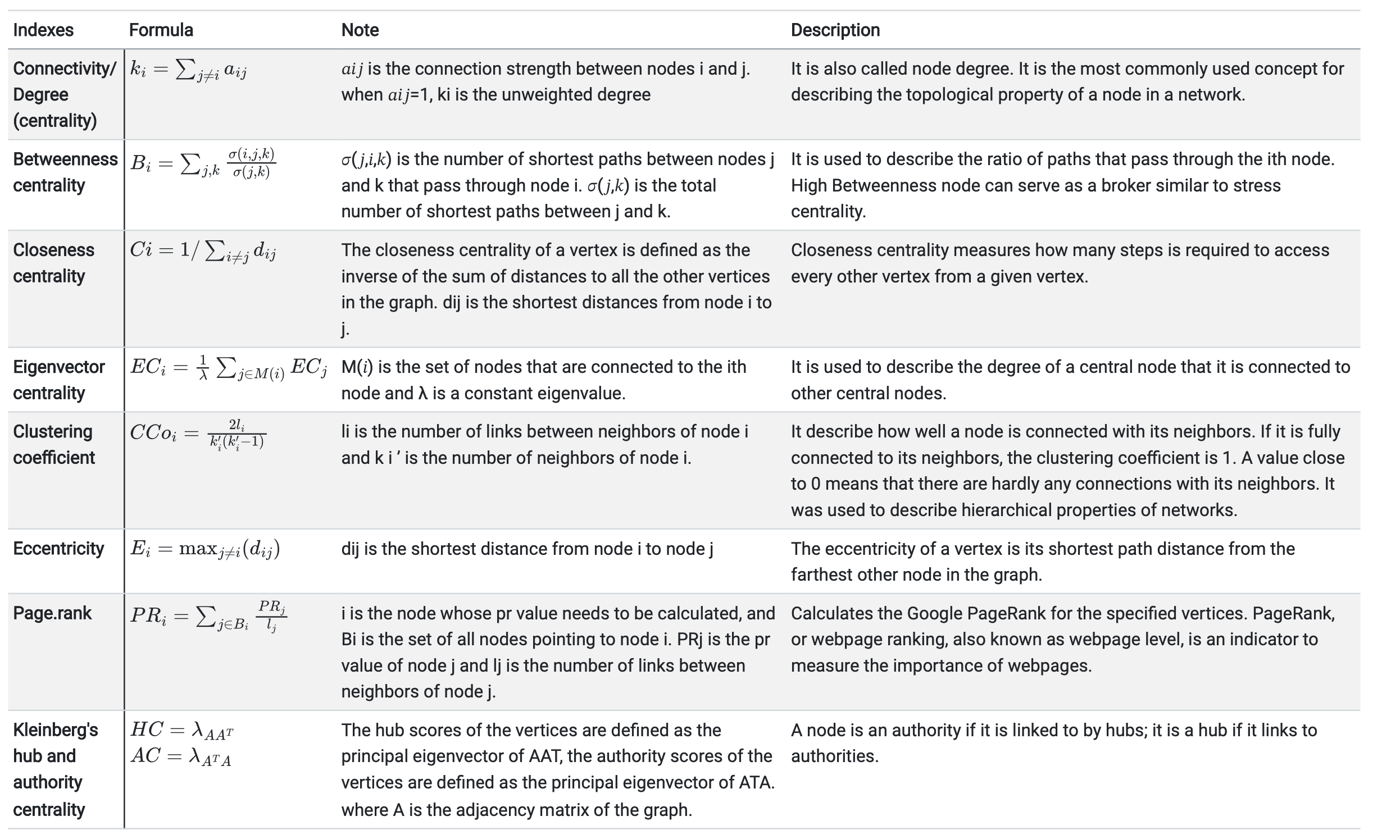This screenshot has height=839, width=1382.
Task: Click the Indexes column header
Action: coord(43,30)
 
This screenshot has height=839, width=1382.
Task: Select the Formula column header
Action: coord(161,30)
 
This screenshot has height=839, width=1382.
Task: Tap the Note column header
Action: coord(360,30)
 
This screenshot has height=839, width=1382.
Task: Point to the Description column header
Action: coord(835,30)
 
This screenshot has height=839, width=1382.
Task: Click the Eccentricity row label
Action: coord(58,548)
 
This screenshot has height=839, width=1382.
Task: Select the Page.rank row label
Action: coord(52,613)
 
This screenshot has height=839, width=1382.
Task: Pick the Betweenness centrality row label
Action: coord(65,172)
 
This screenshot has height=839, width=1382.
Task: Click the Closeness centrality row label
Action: coord(53,263)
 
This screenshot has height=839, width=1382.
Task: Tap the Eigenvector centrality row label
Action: coord(58,380)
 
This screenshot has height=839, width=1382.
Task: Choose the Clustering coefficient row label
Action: coord(53,444)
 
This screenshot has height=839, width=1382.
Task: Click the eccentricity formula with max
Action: coord(204,549)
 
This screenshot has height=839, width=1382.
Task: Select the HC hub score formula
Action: coord(181,730)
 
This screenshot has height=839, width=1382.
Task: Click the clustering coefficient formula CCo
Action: coord(197,434)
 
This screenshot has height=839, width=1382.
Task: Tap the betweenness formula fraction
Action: coord(252,163)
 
